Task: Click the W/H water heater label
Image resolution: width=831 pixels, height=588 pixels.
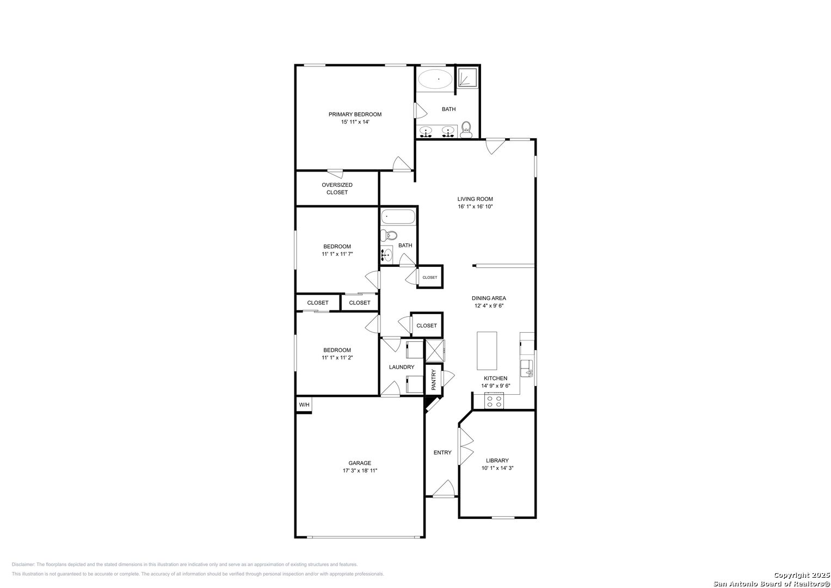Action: (x=304, y=405)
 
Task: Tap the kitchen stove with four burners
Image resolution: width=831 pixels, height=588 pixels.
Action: (x=494, y=401)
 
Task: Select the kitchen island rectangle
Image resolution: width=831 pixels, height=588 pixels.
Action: (x=487, y=351)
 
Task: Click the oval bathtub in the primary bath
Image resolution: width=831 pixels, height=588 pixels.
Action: (x=435, y=79)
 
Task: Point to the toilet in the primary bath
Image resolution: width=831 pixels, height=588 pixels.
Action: (x=466, y=130)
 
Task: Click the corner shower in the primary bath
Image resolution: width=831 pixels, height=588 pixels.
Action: (x=467, y=77)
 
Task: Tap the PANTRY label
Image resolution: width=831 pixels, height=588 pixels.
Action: (x=433, y=380)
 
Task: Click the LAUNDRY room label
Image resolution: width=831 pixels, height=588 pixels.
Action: (x=402, y=367)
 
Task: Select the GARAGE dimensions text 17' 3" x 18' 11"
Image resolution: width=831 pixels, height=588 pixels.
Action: (x=360, y=471)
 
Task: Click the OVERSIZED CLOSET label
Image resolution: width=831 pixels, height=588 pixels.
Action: (x=337, y=188)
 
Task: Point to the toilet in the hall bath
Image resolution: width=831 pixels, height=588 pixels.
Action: (x=389, y=235)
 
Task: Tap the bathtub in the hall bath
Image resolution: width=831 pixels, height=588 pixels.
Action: (x=398, y=217)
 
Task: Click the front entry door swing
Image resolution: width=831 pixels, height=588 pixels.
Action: (x=444, y=488)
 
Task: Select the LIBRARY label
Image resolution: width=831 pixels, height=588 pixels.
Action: (x=497, y=460)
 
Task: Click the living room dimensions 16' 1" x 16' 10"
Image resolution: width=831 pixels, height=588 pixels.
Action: (x=475, y=206)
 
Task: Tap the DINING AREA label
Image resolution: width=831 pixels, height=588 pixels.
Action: (x=489, y=298)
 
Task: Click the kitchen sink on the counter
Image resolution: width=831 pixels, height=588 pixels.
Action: (x=526, y=368)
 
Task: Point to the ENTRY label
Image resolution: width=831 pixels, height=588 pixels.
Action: (x=442, y=452)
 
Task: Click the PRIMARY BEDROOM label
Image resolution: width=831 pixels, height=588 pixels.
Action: (x=355, y=114)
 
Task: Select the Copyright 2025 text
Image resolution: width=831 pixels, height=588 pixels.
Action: (x=801, y=575)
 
